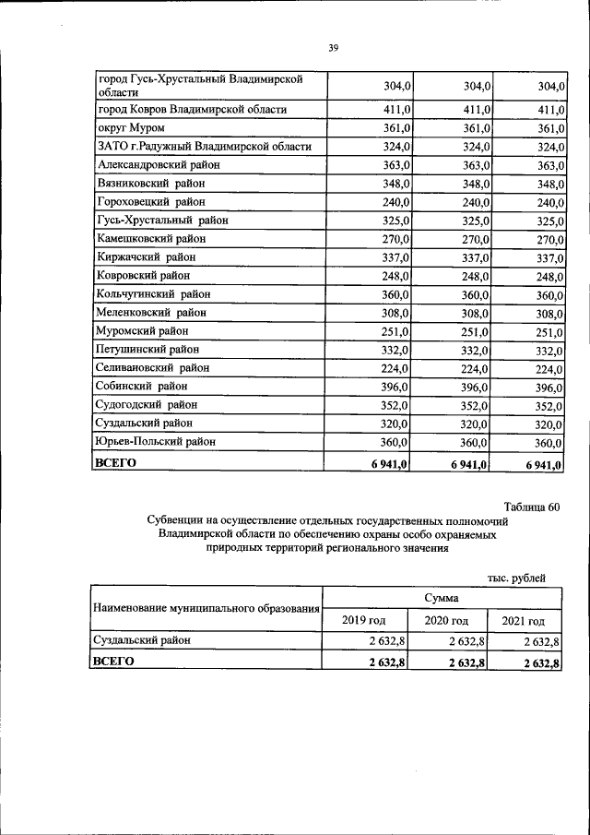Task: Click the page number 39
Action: [334, 49]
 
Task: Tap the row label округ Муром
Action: [130, 128]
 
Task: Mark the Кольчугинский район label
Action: [153, 294]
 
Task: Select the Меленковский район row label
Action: [151, 313]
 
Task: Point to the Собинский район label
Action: [142, 387]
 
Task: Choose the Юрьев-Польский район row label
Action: [156, 442]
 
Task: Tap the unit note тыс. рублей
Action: [517, 579]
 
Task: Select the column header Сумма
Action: [442, 599]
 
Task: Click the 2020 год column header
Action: [446, 621]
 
